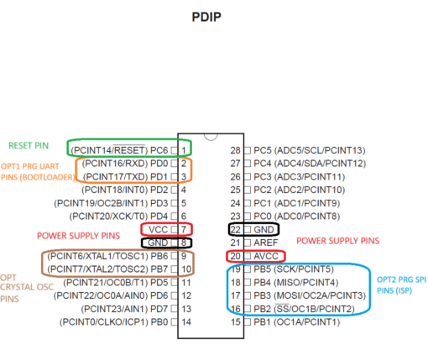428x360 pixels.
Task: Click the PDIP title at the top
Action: [206, 17]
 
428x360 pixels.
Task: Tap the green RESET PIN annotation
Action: [29, 145]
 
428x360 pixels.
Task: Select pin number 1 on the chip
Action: [184, 150]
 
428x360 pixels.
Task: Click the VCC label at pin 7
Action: [158, 230]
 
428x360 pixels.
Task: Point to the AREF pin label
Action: [266, 243]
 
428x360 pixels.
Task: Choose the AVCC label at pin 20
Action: [266, 256]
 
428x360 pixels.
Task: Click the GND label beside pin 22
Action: [264, 230]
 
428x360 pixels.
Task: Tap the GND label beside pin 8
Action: [158, 243]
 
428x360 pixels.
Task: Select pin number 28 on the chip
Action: [236, 150]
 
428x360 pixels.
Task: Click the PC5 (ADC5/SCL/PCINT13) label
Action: [310, 150]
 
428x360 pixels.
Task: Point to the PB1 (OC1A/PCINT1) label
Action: [297, 322]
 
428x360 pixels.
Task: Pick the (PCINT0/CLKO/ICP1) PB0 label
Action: [113, 322]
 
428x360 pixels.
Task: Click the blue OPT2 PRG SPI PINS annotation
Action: [401, 285]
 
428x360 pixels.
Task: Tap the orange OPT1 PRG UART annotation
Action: [38, 172]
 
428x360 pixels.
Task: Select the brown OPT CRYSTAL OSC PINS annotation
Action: [27, 288]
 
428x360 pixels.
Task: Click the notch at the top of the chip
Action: [211, 137]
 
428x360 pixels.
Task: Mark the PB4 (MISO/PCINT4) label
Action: [296, 283]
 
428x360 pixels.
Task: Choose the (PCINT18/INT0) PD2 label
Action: [125, 190]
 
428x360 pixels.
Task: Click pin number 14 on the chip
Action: [186, 322]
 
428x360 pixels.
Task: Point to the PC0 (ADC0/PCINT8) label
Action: [297, 217]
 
